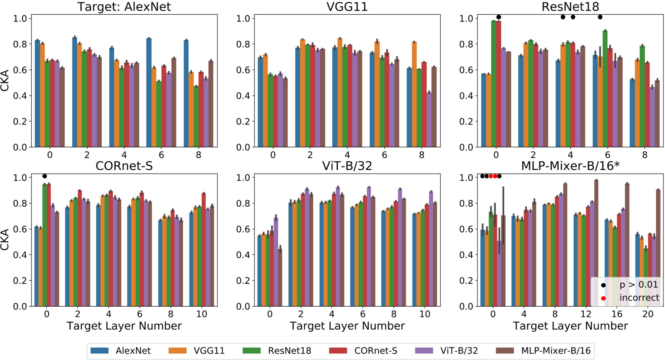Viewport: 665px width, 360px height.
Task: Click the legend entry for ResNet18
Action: coord(289,351)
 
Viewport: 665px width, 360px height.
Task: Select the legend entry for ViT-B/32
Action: coord(459,351)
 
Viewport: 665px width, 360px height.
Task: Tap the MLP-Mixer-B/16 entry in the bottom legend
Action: coord(555,351)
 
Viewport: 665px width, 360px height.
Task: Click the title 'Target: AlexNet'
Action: coord(124,7)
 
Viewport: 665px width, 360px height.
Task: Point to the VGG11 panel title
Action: coord(347,7)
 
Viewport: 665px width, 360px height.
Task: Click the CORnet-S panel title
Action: coord(124,166)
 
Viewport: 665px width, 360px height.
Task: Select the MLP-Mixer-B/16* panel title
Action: coord(570,166)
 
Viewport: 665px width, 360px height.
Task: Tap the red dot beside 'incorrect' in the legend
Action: coord(603,298)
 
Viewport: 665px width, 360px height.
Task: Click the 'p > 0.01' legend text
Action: coord(639,285)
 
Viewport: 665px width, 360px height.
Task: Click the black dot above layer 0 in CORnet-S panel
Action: coord(45,176)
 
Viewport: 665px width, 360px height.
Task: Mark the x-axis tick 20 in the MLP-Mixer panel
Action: coord(648,314)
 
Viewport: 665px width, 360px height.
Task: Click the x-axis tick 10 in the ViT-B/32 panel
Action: coord(425,314)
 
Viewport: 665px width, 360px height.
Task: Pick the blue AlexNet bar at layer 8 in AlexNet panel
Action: coord(186,94)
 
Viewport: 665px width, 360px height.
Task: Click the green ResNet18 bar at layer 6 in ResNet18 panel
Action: coord(605,88)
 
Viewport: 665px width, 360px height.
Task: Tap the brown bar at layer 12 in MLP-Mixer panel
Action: coord(596,243)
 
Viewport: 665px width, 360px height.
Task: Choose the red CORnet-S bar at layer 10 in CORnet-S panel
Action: coord(203,250)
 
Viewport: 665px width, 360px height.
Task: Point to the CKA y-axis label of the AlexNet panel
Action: coord(5,80)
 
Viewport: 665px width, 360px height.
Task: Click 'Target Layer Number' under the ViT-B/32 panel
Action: coord(347,326)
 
